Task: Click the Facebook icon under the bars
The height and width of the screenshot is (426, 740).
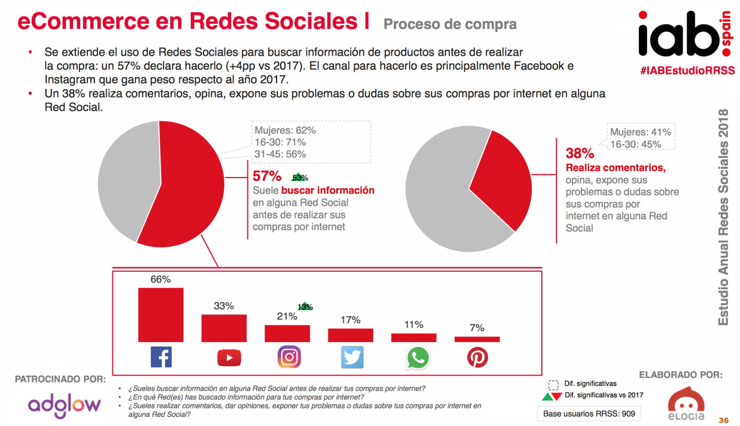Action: (x=161, y=357)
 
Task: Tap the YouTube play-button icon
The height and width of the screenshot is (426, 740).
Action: (x=229, y=357)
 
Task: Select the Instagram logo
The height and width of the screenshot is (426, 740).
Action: (x=289, y=357)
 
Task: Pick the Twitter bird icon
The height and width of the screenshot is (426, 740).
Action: (x=352, y=357)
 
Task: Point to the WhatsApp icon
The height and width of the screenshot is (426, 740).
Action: (x=418, y=358)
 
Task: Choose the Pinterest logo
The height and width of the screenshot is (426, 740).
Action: (x=477, y=357)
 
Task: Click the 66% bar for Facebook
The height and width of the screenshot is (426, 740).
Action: (x=161, y=315)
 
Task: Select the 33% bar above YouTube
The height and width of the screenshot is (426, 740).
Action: (x=224, y=328)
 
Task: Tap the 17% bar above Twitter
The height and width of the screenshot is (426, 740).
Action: (x=350, y=335)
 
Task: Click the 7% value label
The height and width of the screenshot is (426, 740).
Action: (x=477, y=328)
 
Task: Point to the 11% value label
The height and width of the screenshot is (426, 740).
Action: (x=414, y=324)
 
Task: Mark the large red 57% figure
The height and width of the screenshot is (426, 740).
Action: (x=267, y=176)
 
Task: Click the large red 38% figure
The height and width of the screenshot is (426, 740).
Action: (x=580, y=153)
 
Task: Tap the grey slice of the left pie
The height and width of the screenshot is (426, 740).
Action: (x=126, y=181)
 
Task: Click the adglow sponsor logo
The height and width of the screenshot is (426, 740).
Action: (x=64, y=405)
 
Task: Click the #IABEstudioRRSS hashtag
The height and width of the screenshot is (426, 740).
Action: (x=687, y=70)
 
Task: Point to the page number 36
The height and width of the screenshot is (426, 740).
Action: (x=723, y=420)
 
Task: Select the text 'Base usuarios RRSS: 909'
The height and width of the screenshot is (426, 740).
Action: (x=589, y=414)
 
